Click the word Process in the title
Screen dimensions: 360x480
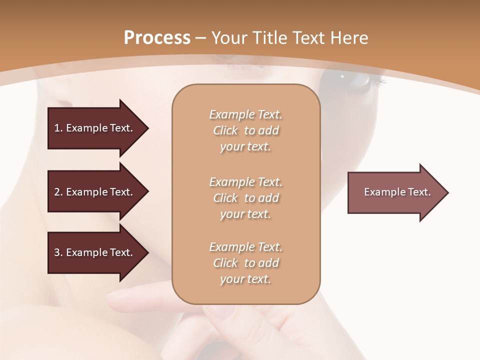coord(157,38)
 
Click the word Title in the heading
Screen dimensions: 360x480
coord(270,38)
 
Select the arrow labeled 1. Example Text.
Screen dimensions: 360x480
coord(95,128)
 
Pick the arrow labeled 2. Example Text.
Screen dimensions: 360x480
coord(95,192)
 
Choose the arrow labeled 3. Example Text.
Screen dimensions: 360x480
coord(95,252)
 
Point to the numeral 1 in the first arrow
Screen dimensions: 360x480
coord(57,128)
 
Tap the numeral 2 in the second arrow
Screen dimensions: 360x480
coord(57,192)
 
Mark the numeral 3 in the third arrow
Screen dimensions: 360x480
coord(57,252)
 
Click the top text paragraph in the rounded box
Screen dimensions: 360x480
coord(245,130)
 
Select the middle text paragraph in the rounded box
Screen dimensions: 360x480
coord(245,198)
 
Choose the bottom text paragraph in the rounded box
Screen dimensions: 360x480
coord(245,263)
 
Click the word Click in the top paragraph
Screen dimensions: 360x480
coord(225,130)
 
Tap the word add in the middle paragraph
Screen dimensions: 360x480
coord(269,198)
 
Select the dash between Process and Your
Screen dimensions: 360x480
coord(201,38)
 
